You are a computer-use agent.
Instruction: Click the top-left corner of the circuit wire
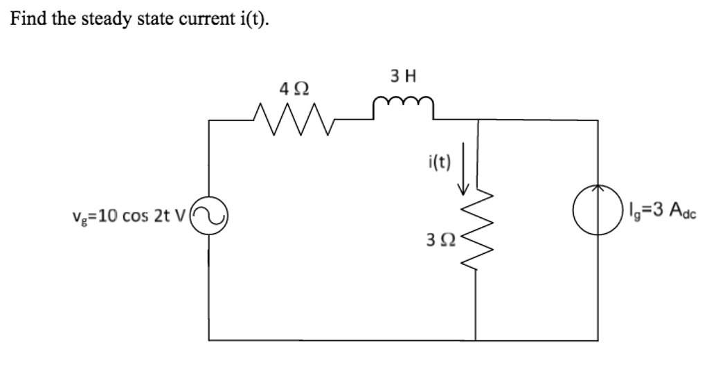coord(210,120)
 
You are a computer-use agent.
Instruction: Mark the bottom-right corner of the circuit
coord(598,340)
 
